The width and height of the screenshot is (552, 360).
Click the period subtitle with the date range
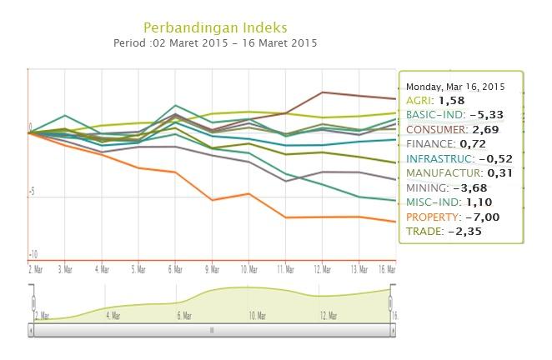pyautogui.click(x=215, y=42)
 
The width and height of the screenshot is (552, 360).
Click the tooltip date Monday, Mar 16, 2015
pyautogui.click(x=455, y=86)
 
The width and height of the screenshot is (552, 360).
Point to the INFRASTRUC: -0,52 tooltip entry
pyautogui.click(x=459, y=158)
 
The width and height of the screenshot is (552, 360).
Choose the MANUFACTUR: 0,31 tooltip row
pyautogui.click(x=457, y=172)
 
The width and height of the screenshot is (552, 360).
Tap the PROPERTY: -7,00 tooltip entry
pyautogui.click(x=451, y=217)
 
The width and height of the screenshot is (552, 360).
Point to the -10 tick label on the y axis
pyautogui.click(x=33, y=254)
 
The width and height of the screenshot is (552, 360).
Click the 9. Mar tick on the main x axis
pyautogui.click(x=213, y=269)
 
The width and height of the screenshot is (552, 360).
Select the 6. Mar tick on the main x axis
pyautogui.click(x=176, y=269)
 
